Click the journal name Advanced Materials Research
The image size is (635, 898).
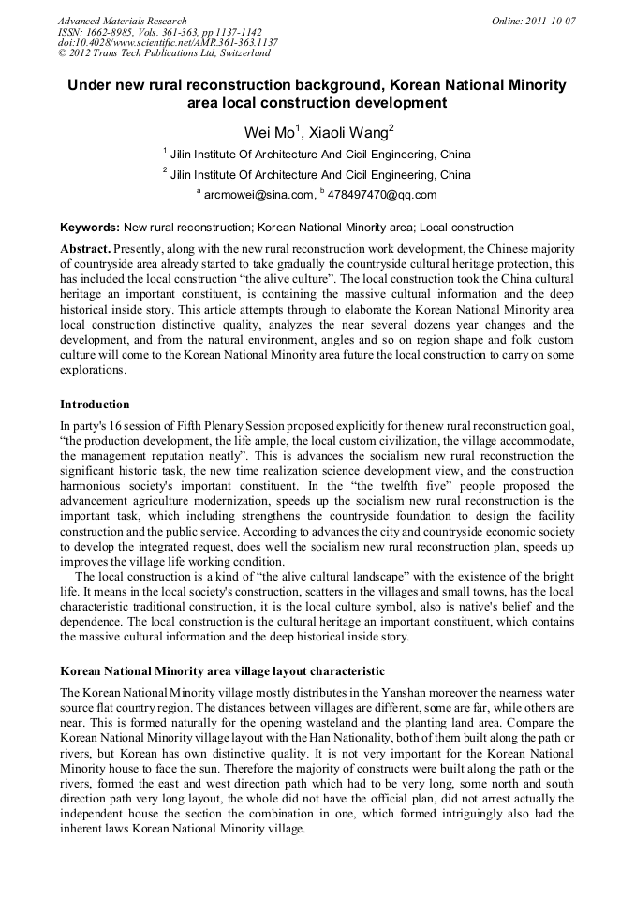tap(122, 21)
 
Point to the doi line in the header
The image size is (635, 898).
tap(168, 43)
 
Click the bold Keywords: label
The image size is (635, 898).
tap(90, 228)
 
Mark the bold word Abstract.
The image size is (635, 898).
tap(84, 249)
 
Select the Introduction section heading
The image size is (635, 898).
tap(95, 405)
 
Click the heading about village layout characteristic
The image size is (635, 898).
tap(222, 672)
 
